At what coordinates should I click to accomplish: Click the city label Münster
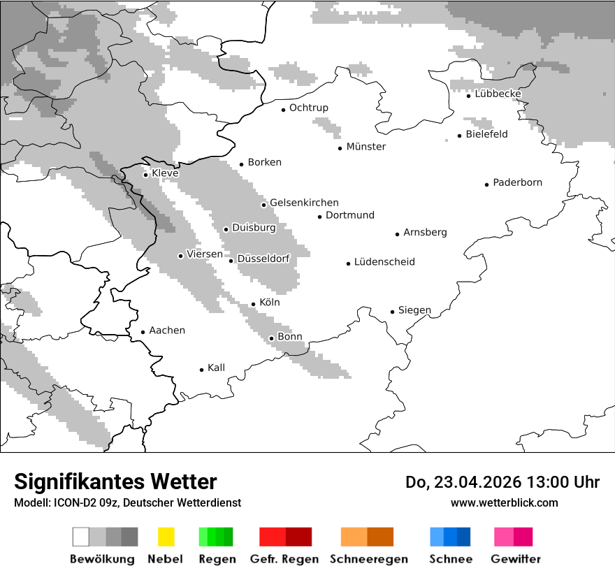(x=366, y=147)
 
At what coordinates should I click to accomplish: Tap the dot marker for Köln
(x=253, y=304)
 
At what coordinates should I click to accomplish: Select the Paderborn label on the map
(x=517, y=183)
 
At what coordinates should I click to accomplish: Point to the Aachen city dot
(x=143, y=332)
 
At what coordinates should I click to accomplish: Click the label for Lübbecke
(x=498, y=94)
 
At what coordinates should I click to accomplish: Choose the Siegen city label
(x=414, y=310)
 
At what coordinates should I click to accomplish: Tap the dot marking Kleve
(x=145, y=175)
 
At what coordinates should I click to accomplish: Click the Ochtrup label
(x=308, y=108)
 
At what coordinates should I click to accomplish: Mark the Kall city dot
(x=201, y=370)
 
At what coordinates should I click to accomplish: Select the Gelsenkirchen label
(x=304, y=203)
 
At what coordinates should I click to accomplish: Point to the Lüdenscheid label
(x=384, y=262)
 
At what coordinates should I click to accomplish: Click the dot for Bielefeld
(x=459, y=136)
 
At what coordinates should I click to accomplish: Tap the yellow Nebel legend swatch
(x=166, y=537)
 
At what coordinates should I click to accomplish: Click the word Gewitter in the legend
(x=515, y=559)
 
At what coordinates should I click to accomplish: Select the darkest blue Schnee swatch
(x=464, y=537)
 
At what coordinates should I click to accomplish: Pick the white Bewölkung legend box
(x=81, y=537)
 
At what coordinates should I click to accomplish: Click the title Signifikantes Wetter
(x=115, y=481)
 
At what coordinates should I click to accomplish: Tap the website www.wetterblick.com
(x=504, y=502)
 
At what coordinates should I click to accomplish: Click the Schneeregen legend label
(x=368, y=559)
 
